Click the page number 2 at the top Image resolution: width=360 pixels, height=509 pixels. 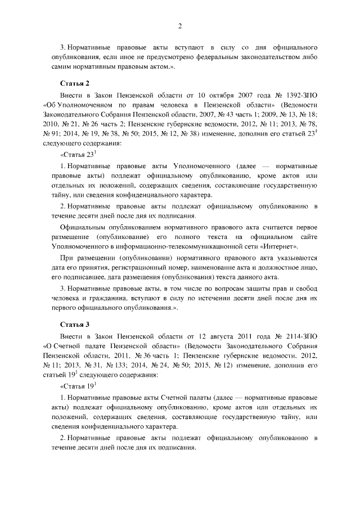coord(180,25)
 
